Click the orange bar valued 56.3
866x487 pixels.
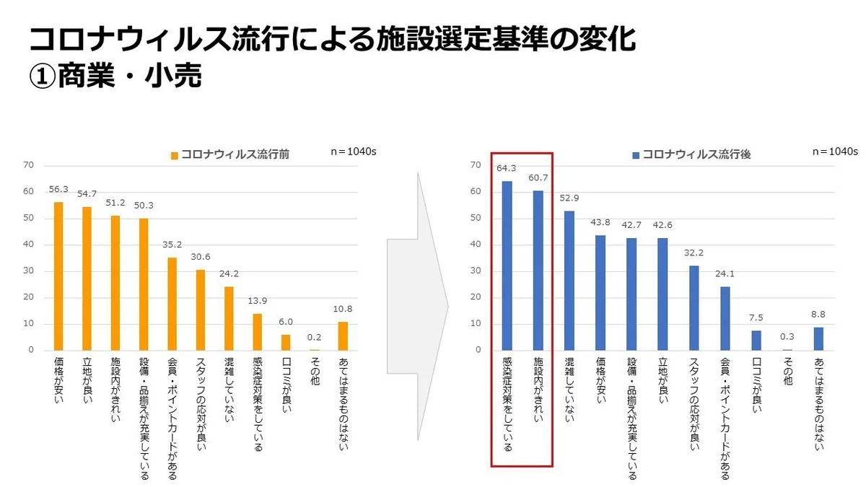[x=58, y=276]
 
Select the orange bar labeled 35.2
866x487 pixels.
[x=172, y=304]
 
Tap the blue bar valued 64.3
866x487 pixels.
[x=507, y=266]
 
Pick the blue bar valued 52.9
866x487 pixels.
[x=569, y=281]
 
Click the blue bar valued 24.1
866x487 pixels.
[x=725, y=319]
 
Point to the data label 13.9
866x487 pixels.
[x=258, y=301]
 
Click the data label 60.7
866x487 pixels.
[x=538, y=177]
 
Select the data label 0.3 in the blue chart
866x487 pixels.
[x=787, y=337]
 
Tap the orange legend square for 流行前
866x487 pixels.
[x=175, y=155]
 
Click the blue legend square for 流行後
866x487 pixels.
[x=636, y=155]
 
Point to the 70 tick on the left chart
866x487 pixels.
[x=28, y=165]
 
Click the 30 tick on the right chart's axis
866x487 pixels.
[x=476, y=271]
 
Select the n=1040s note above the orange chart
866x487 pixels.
[x=354, y=152]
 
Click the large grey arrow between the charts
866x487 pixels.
[x=418, y=306]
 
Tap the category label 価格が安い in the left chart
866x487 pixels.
[x=58, y=381]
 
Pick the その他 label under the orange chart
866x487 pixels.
[x=315, y=372]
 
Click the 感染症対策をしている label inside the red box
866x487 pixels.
[x=507, y=404]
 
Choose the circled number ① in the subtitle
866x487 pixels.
[x=42, y=75]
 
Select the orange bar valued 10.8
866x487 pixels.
[x=343, y=336]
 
